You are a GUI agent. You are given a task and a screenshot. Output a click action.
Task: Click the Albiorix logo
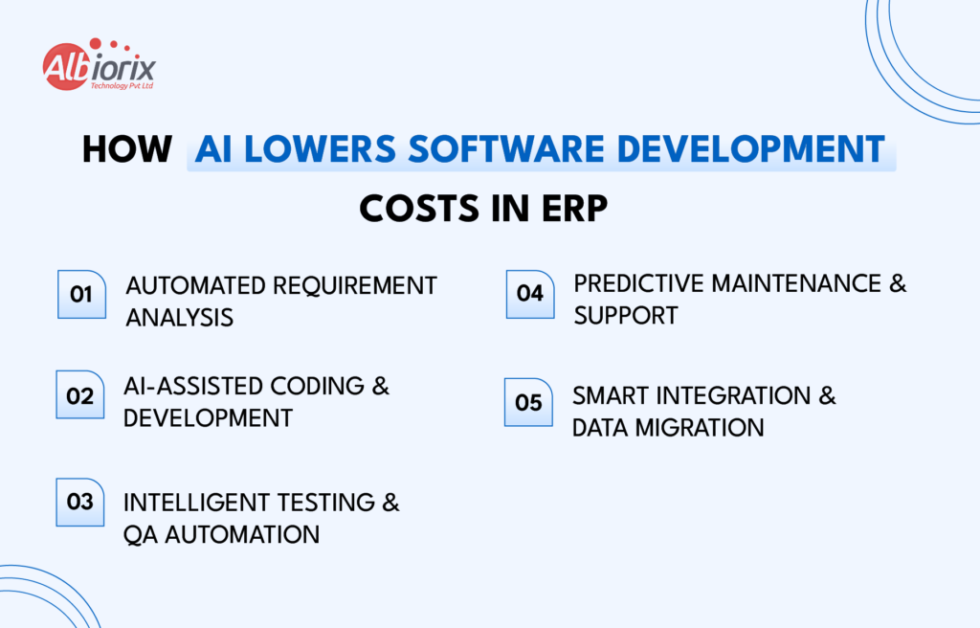[x=99, y=67]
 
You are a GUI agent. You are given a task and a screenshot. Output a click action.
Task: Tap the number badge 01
[x=81, y=294]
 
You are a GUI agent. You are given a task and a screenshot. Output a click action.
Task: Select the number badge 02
[x=80, y=395]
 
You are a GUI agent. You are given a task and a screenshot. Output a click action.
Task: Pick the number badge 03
[x=80, y=502]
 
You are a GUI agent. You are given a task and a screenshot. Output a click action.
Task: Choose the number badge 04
[x=530, y=293]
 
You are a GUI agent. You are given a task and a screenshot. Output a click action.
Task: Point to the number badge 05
[x=528, y=402]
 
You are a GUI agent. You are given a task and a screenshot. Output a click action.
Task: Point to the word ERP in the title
[x=572, y=208]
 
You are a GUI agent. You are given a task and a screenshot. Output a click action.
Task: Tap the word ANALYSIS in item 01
[x=180, y=318]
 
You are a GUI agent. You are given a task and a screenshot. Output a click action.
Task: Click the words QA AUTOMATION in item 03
[x=221, y=533]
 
